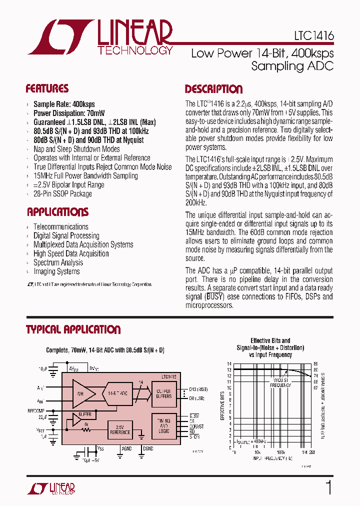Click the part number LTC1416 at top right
point(313,36)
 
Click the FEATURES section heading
point(47,89)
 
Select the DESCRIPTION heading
point(213,89)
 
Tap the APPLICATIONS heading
point(57,211)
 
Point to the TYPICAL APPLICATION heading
point(73,330)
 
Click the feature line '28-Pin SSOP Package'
point(62,193)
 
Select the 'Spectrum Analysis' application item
point(58,262)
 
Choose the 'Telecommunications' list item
point(60,226)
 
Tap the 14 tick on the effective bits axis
point(229,364)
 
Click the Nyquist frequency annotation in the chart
point(280,383)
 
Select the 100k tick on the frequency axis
point(281,452)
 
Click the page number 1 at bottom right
point(329,487)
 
